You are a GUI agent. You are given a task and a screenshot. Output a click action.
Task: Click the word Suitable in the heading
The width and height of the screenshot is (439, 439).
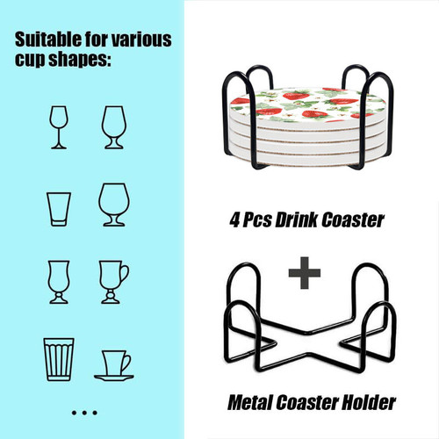(x=48, y=40)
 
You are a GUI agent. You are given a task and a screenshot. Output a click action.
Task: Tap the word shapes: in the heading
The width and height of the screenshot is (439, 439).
(x=80, y=60)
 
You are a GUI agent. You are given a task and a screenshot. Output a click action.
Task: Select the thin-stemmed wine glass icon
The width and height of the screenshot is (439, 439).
(x=59, y=127)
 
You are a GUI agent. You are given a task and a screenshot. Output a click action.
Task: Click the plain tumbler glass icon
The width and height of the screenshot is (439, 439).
(x=59, y=209)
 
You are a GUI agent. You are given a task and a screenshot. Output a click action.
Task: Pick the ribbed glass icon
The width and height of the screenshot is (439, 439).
(x=59, y=359)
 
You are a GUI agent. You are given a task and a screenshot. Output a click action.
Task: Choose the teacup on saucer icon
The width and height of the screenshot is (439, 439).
(x=114, y=365)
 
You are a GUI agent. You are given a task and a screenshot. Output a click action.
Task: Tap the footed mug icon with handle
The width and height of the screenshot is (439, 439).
(x=114, y=282)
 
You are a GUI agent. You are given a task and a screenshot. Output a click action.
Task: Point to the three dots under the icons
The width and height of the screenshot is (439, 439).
(x=84, y=413)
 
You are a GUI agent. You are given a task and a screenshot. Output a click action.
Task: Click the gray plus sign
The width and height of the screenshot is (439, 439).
(x=305, y=273)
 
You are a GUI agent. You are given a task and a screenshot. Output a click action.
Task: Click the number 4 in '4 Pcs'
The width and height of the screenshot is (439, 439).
(x=235, y=220)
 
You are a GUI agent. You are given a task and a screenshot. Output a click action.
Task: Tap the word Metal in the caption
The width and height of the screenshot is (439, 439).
(x=250, y=403)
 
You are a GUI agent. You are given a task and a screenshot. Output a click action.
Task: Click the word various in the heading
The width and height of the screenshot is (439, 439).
(x=142, y=40)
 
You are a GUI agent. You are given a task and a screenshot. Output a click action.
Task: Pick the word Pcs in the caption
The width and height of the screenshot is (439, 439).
(x=257, y=220)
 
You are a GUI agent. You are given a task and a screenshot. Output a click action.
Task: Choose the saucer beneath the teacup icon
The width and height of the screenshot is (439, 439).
(x=114, y=378)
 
